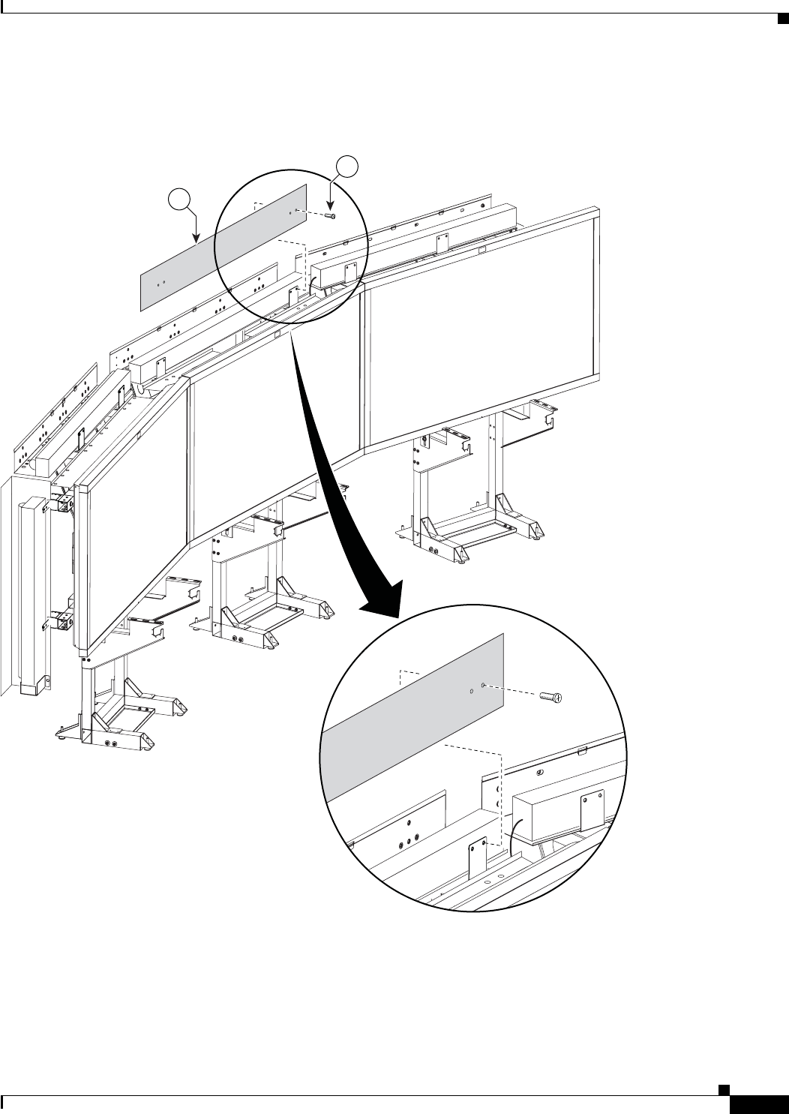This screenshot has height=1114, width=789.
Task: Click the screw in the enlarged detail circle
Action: click(x=551, y=697)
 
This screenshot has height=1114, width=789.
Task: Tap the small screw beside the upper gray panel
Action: click(x=331, y=216)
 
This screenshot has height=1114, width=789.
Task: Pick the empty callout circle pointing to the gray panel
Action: click(x=178, y=200)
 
